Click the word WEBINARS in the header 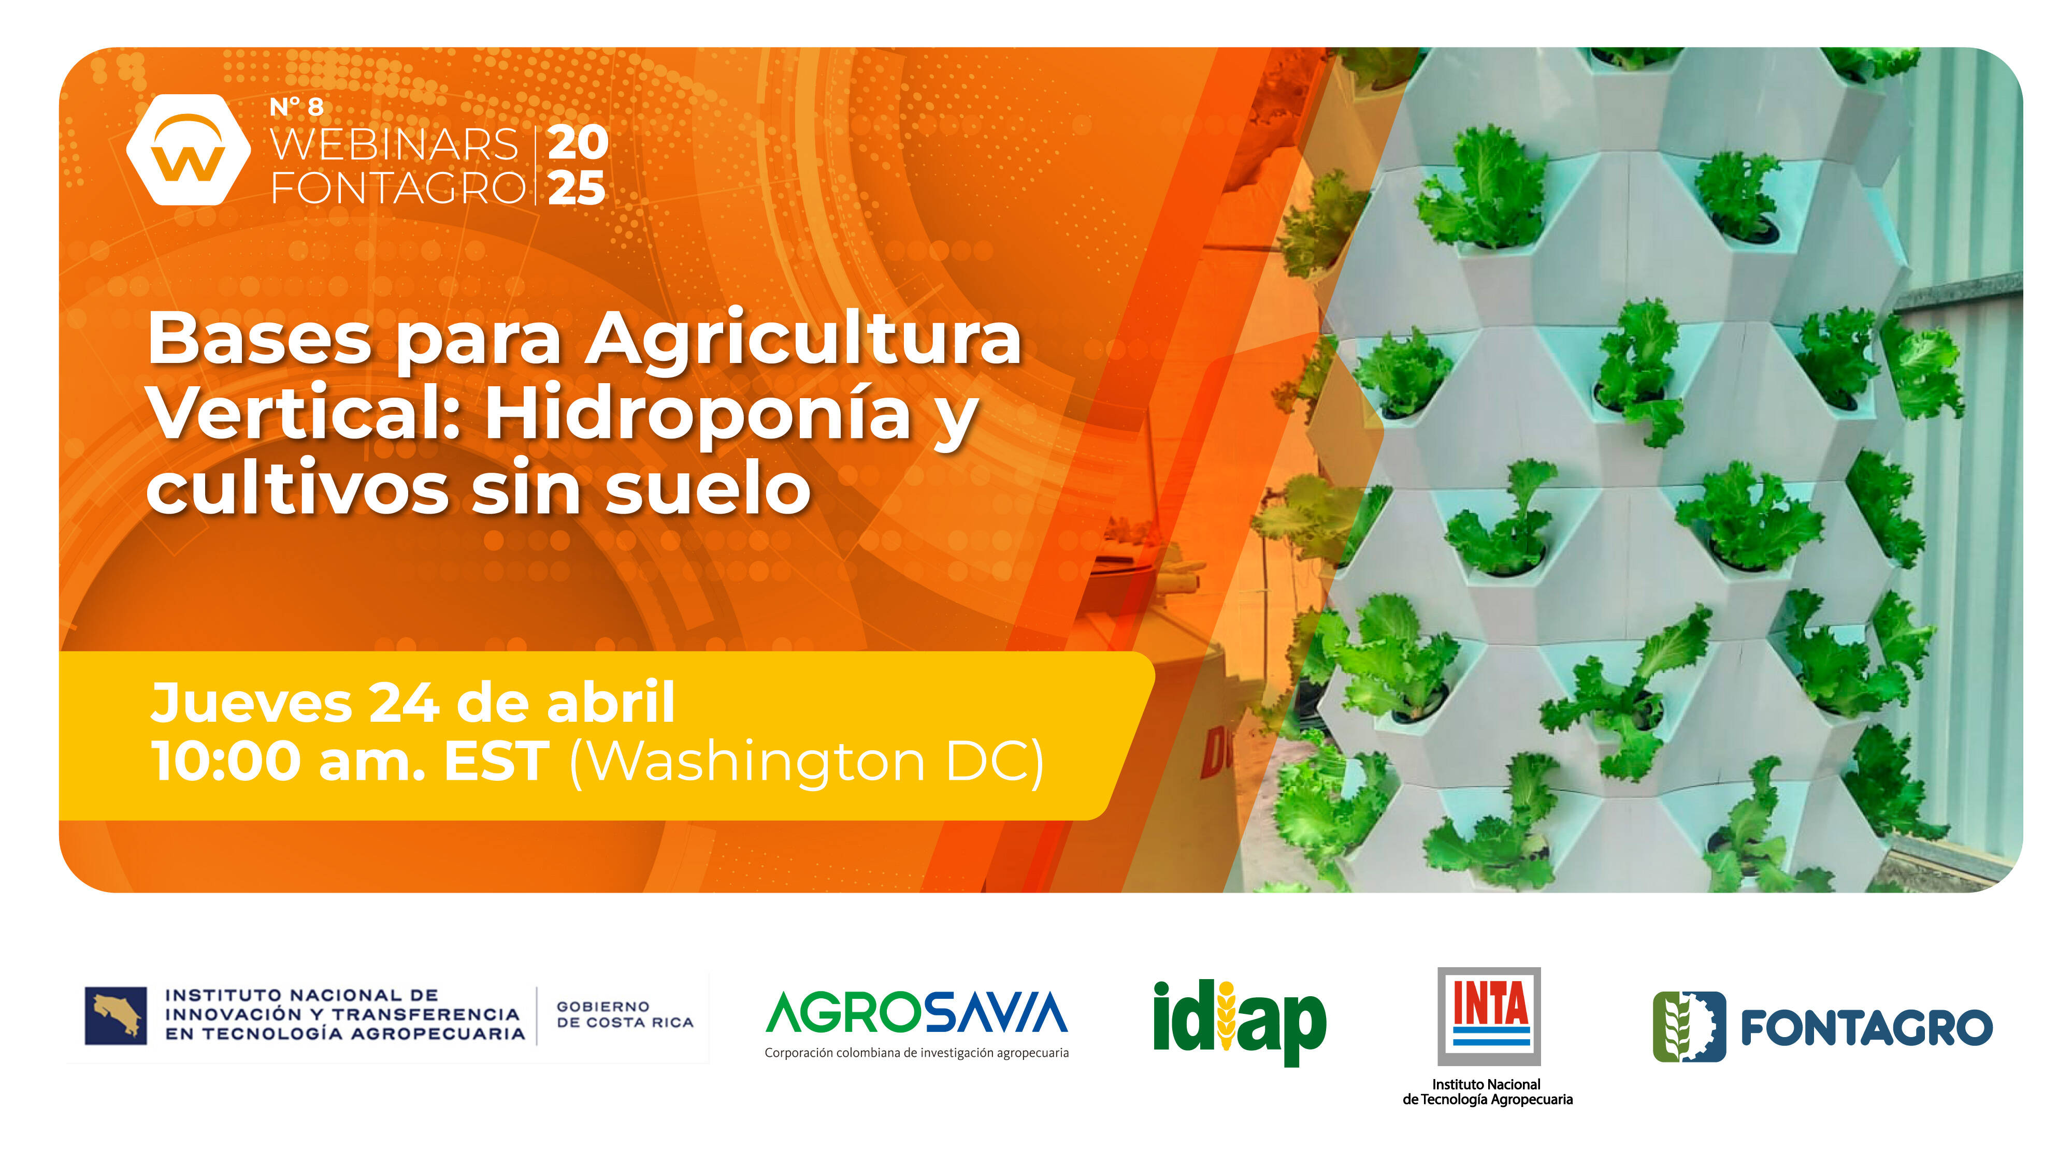[x=394, y=145]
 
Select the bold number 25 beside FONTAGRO [x=577, y=188]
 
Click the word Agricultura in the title [x=803, y=339]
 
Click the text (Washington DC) [x=807, y=762]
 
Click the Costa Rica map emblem [x=116, y=1015]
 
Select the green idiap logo [x=1240, y=1021]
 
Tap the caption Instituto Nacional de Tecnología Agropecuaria [x=1487, y=1092]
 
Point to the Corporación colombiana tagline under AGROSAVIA [x=917, y=1053]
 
